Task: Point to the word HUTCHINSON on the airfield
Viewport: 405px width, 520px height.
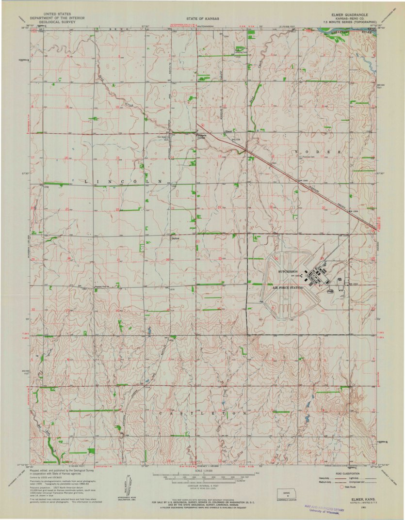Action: [x=290, y=272]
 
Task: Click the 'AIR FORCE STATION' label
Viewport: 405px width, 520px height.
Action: [x=290, y=287]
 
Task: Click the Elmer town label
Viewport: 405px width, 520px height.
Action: [x=229, y=131]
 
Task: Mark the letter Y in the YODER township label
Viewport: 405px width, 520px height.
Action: [x=295, y=152]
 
